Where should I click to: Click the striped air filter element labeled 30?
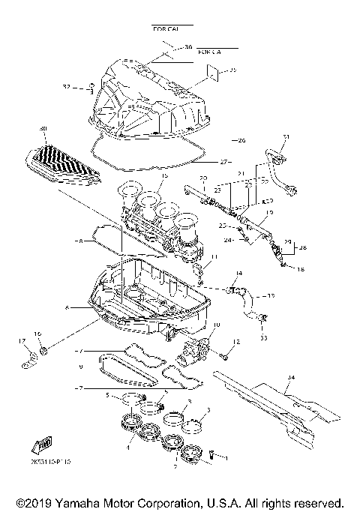tap(62, 166)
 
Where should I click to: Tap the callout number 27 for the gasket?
tap(223, 161)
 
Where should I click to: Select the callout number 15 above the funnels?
tap(163, 175)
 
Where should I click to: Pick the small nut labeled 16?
tap(44, 349)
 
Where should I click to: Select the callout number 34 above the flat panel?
tap(292, 377)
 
